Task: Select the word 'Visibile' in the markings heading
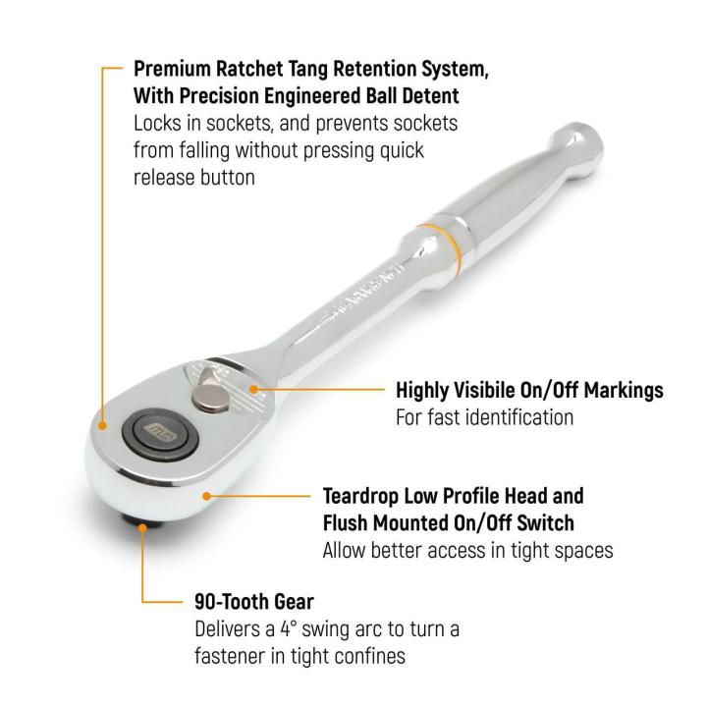click(487, 390)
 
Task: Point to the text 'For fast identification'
click(484, 417)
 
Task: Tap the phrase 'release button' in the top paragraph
click(193, 177)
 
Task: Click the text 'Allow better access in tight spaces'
click(467, 550)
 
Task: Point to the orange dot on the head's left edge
click(104, 425)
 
